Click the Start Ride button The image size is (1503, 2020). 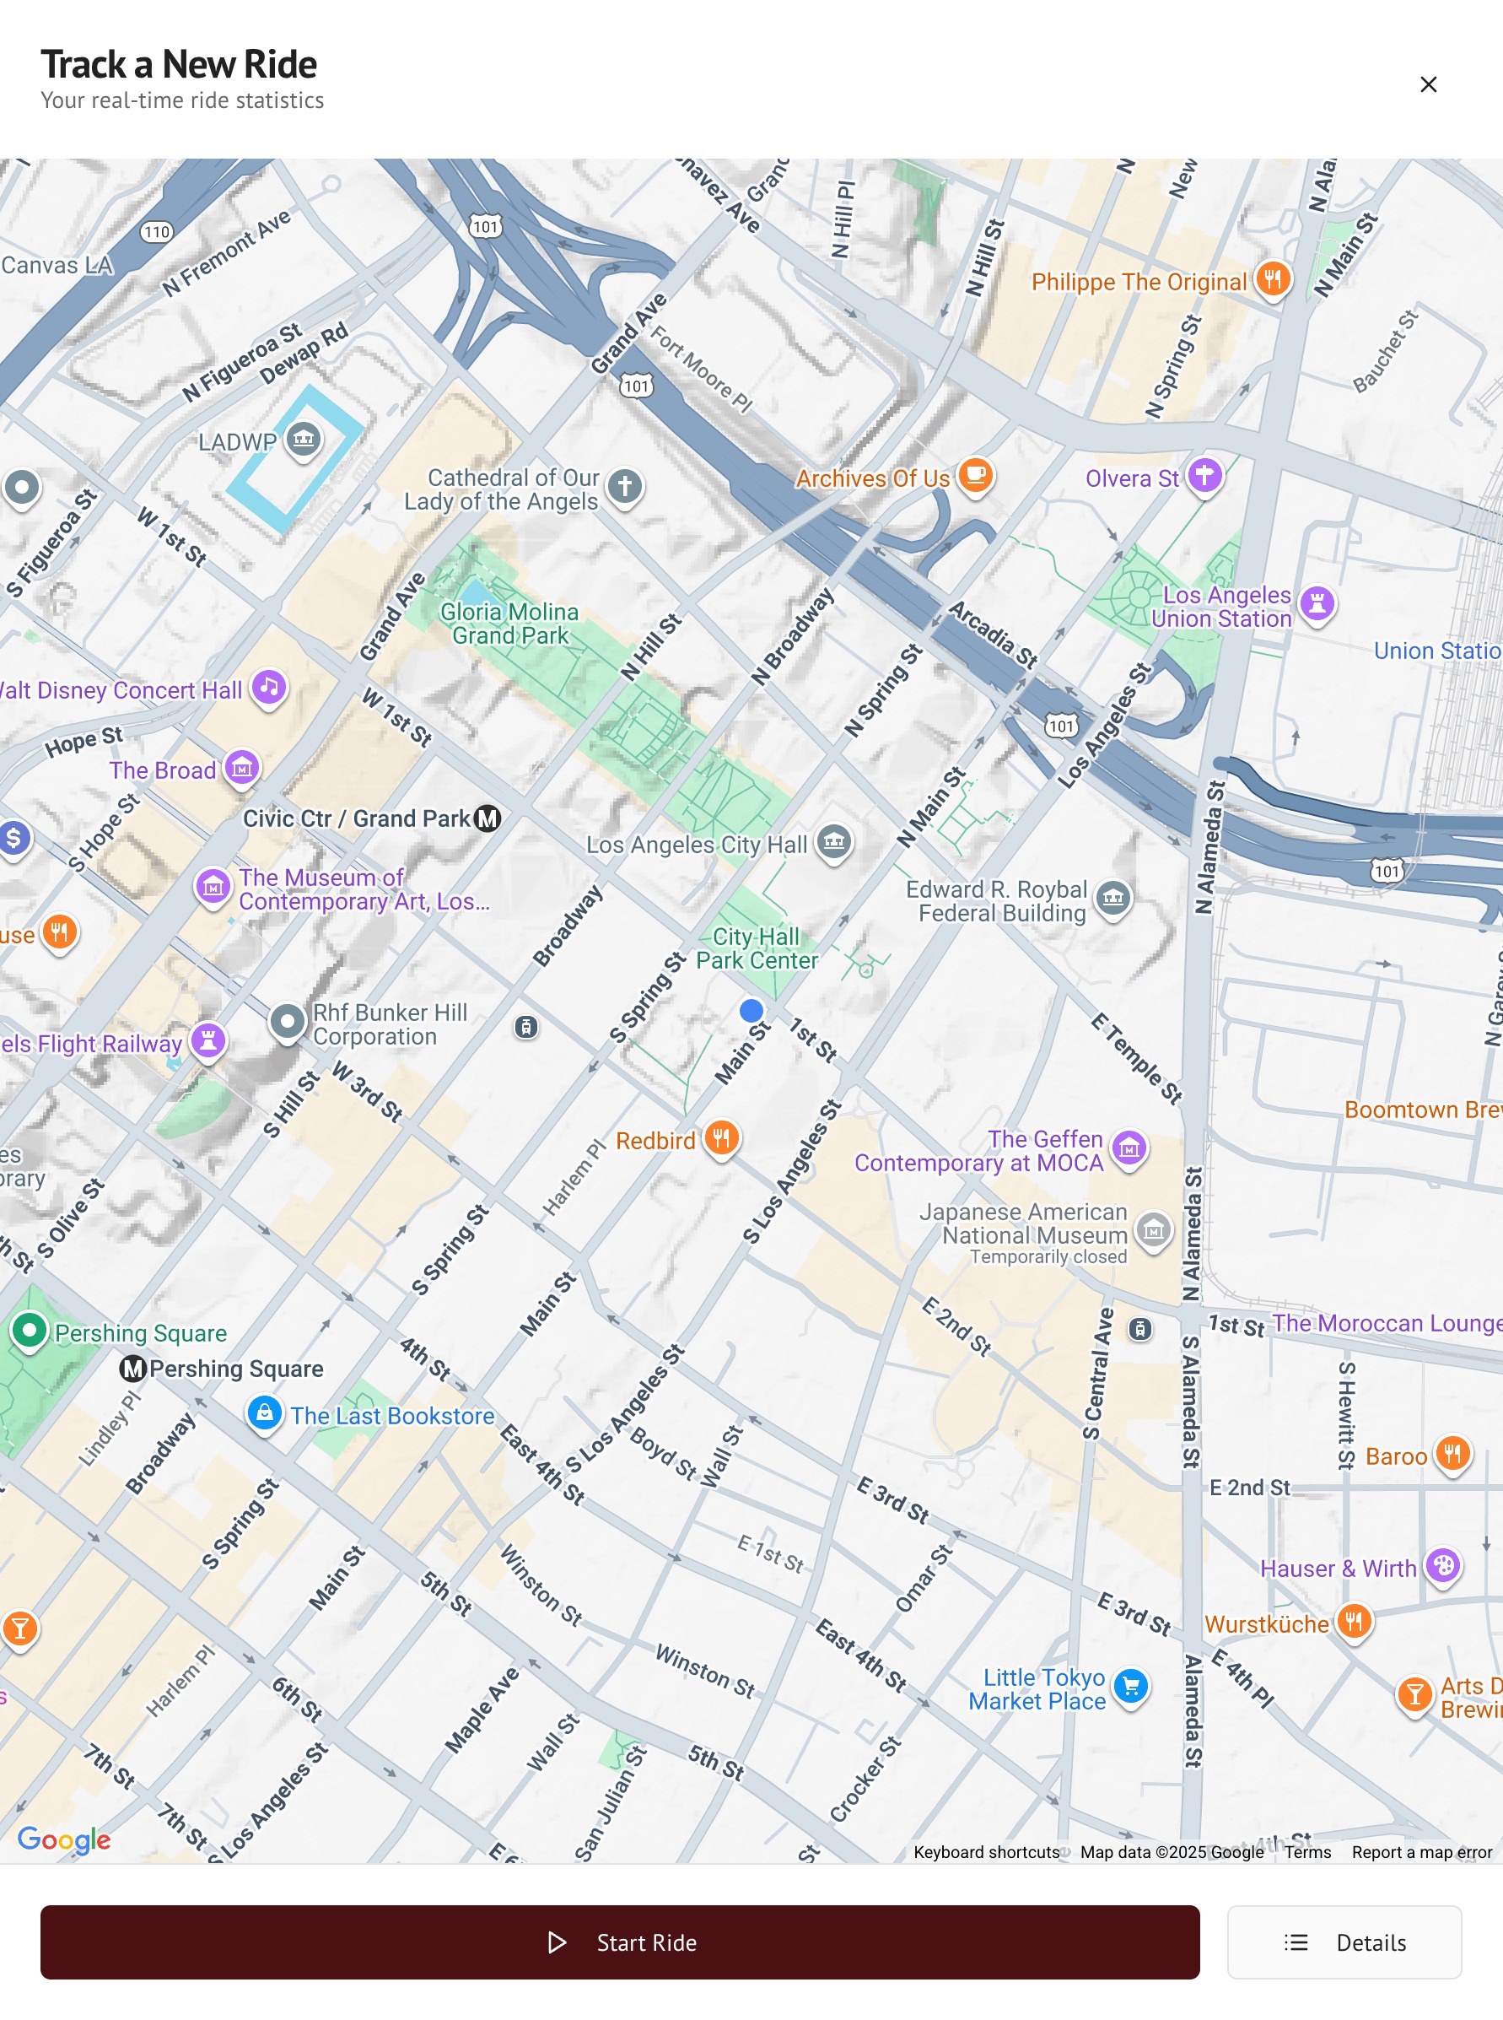(x=620, y=1942)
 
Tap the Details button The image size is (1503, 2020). (x=1343, y=1942)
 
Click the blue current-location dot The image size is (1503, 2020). (x=751, y=1010)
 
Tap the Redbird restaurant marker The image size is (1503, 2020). (x=721, y=1137)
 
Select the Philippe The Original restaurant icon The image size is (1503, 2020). (x=1272, y=278)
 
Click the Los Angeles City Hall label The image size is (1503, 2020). (x=696, y=845)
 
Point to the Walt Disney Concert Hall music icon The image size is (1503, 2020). (x=268, y=687)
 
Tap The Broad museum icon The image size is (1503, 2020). (x=242, y=767)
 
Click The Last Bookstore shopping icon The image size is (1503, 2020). (x=264, y=1413)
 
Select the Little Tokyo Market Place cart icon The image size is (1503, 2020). (x=1131, y=1687)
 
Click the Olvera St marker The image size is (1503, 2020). (x=1204, y=474)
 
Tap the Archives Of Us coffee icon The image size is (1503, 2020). (x=975, y=474)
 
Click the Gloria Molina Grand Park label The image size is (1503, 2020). (x=509, y=624)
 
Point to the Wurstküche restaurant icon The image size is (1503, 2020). (x=1354, y=1621)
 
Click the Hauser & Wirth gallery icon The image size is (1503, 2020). (x=1442, y=1565)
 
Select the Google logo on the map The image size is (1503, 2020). (x=64, y=1839)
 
